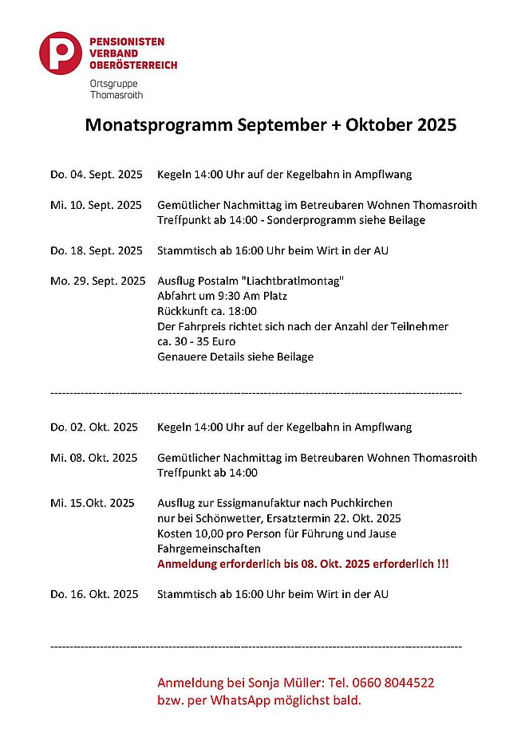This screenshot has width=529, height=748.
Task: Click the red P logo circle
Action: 61,53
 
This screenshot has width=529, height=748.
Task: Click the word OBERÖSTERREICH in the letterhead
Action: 133,65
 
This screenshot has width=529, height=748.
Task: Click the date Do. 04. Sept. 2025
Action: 96,174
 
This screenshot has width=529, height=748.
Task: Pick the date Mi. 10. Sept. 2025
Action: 96,205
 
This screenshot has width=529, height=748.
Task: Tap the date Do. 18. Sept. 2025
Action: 96,250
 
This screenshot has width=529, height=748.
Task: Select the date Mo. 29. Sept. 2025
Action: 97,281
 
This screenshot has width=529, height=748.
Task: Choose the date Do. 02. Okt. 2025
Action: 94,427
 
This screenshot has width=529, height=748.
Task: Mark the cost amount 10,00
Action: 211,533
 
